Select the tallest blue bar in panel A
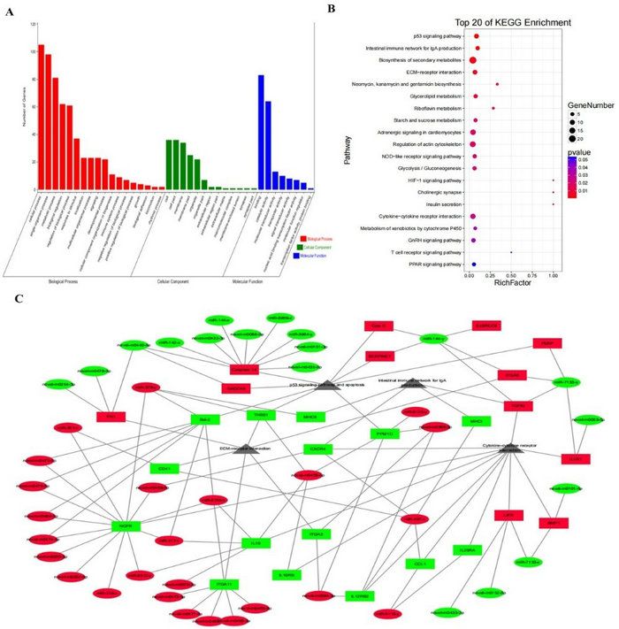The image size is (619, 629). click(x=261, y=132)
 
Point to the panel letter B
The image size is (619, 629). click(x=331, y=9)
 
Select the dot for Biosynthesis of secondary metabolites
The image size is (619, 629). click(x=472, y=60)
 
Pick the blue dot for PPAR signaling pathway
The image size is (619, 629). click(x=474, y=264)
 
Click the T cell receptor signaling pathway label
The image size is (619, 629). click(x=416, y=252)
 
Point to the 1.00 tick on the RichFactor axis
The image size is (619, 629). click(x=553, y=276)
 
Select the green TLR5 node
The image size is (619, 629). click(x=256, y=542)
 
